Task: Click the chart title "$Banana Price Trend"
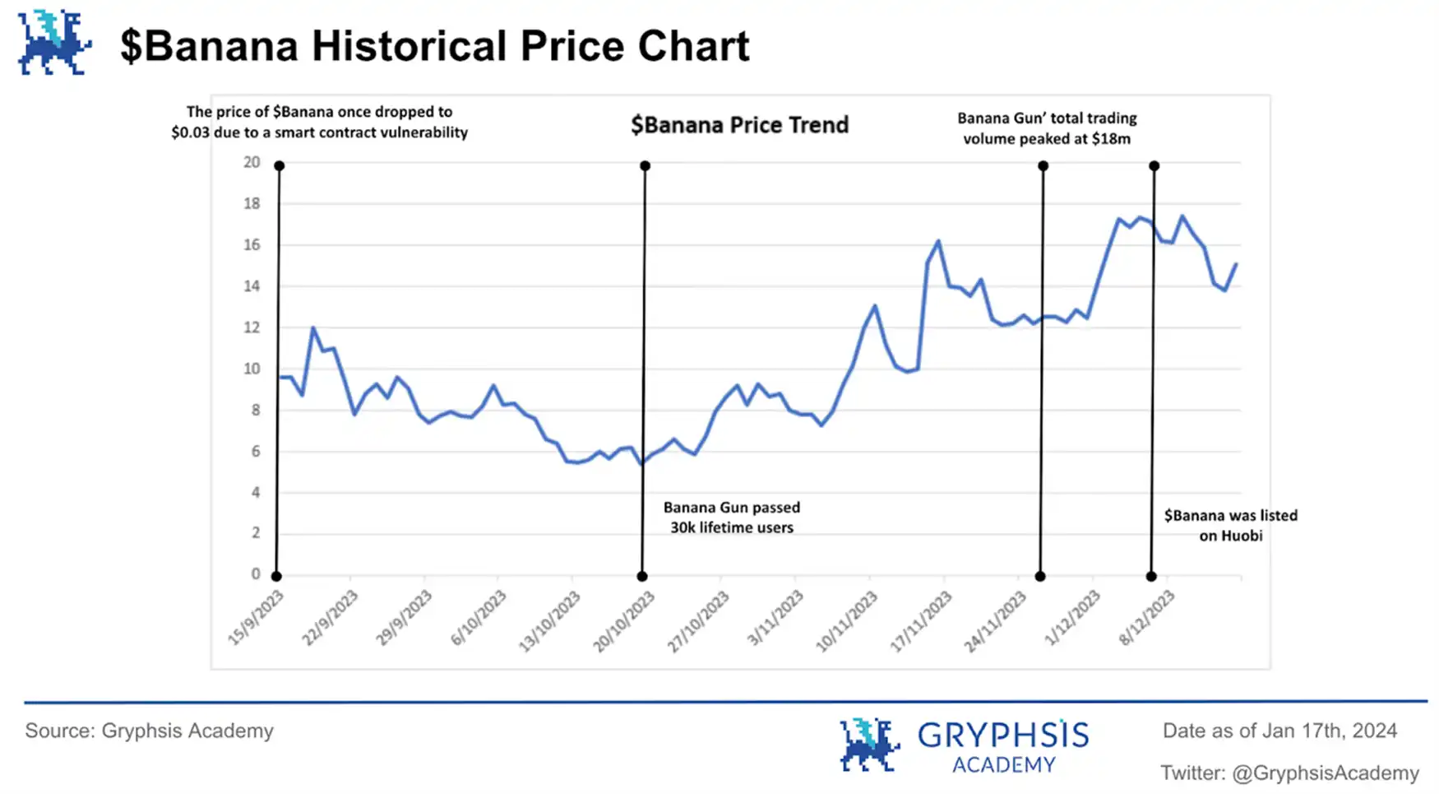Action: (739, 125)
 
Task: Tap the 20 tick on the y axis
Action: (252, 162)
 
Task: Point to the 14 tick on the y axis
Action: (252, 286)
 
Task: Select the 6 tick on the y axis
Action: (255, 451)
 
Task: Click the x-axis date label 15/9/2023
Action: (256, 618)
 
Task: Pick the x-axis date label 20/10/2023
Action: (624, 622)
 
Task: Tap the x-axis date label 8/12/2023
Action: (1147, 618)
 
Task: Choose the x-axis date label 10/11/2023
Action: (847, 622)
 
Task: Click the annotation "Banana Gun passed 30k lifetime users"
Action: (732, 518)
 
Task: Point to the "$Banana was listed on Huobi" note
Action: (1230, 525)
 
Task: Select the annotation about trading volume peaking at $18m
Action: (1047, 128)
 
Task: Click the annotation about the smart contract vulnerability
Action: (319, 122)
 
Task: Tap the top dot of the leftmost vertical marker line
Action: (280, 166)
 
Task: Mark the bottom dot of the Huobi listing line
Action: (1151, 576)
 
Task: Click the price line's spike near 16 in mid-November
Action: (937, 242)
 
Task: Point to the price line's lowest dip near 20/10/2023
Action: (641, 463)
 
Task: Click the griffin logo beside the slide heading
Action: (54, 43)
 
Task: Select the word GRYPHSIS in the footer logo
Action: (1003, 734)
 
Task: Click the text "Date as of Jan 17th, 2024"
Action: (1279, 731)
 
